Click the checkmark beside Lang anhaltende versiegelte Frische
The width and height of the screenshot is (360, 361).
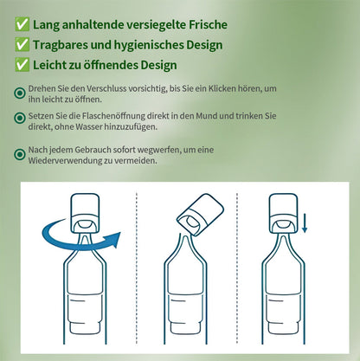pyautogui.click(x=20, y=23)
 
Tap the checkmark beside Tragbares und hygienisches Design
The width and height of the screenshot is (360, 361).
pyautogui.click(x=20, y=45)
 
